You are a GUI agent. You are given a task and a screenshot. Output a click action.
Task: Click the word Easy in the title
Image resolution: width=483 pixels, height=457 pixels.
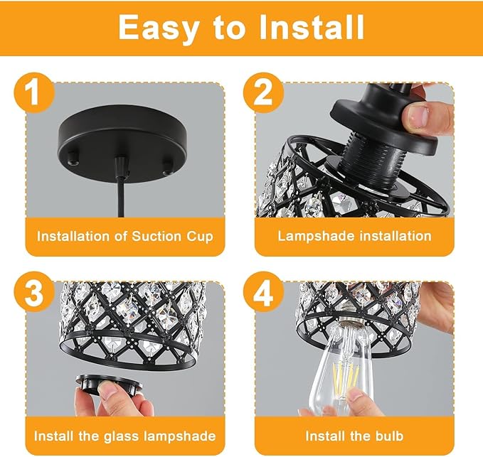[159, 28]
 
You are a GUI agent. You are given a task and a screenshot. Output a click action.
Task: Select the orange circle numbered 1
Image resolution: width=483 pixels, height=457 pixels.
[34, 92]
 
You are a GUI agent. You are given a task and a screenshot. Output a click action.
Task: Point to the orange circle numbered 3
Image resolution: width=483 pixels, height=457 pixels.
[34, 291]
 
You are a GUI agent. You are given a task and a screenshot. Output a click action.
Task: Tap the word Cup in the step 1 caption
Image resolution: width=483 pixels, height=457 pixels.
[200, 237]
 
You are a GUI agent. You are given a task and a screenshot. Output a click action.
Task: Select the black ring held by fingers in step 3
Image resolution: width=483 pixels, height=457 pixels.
[108, 385]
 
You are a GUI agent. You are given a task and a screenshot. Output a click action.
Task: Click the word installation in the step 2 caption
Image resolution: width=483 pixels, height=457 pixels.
[396, 237]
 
